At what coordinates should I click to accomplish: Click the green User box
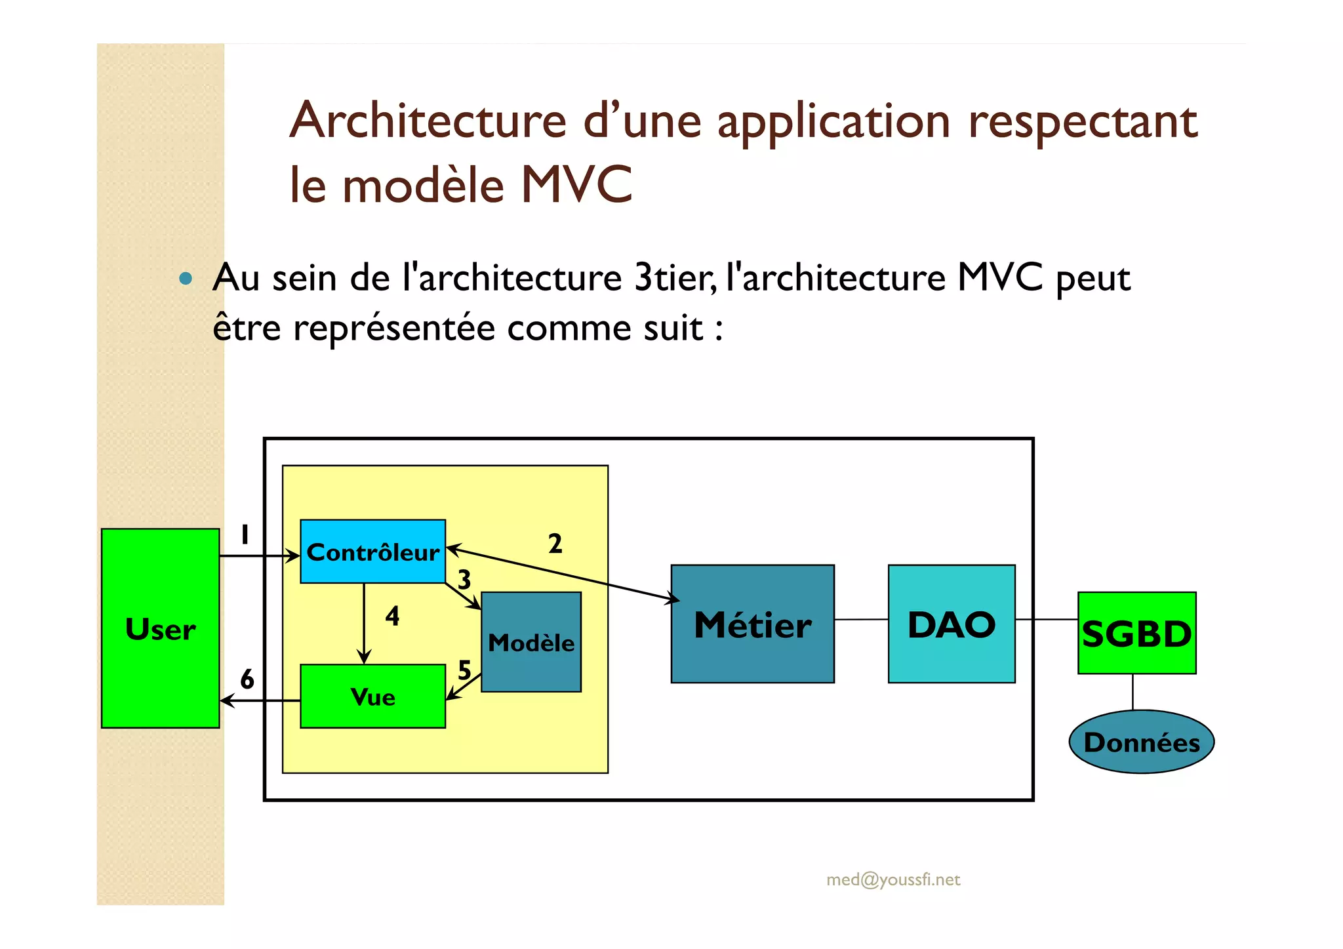[x=160, y=628]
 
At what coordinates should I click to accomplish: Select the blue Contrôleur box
[x=372, y=552]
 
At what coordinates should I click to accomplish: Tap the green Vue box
[x=372, y=696]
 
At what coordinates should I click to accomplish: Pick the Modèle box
[x=531, y=642]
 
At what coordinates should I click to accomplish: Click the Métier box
[x=752, y=624]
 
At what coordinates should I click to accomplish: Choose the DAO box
[x=951, y=624]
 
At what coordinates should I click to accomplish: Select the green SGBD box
[x=1136, y=633]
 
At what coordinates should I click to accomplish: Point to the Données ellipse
[x=1141, y=742]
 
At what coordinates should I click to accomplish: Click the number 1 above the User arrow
[x=245, y=535]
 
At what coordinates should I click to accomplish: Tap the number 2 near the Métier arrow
[x=555, y=543]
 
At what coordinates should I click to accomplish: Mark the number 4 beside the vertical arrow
[x=392, y=615]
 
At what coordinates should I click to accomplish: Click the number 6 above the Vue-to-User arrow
[x=247, y=679]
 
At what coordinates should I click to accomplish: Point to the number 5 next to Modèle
[x=464, y=670]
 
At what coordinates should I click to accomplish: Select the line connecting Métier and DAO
[x=861, y=619]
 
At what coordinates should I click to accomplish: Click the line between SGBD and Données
[x=1133, y=692]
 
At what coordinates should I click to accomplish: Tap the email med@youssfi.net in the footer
[x=892, y=879]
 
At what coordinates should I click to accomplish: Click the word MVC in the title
[x=577, y=184]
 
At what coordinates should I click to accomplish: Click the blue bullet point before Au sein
[x=186, y=278]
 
